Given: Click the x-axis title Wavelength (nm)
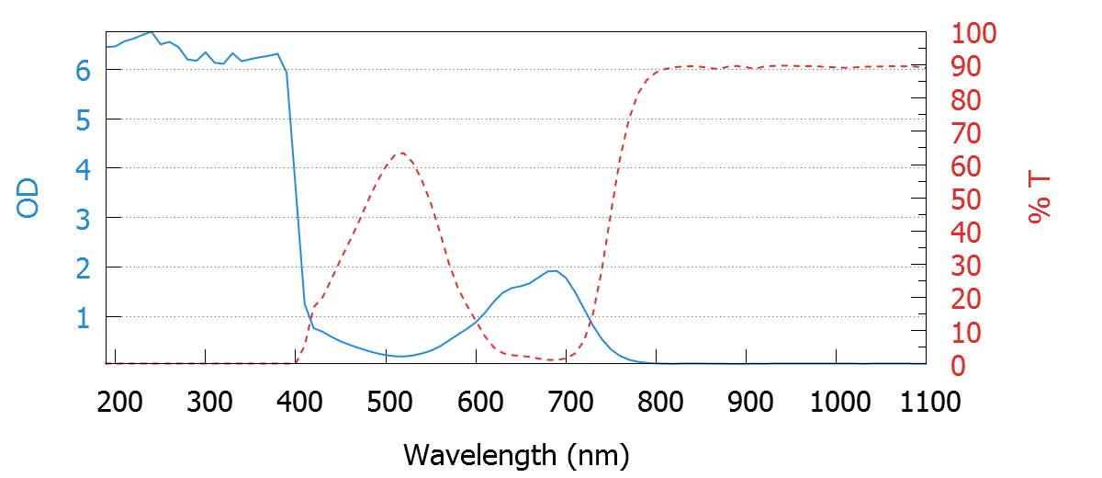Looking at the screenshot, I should pyautogui.click(x=516, y=454).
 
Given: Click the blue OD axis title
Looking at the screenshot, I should pyautogui.click(x=29, y=199).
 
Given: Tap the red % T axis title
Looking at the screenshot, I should pyautogui.click(x=1040, y=199).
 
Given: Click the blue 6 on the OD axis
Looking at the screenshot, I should pyautogui.click(x=84, y=70).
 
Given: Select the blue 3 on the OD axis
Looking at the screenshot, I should pyautogui.click(x=84, y=218).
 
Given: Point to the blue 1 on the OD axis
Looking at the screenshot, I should pyautogui.click(x=84, y=317).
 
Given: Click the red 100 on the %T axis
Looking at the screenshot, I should pyautogui.click(x=974, y=34).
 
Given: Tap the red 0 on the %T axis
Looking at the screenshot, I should pyautogui.click(x=959, y=366).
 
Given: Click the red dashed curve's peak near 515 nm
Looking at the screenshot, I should pyautogui.click(x=401, y=154).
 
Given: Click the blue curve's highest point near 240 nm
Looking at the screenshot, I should pyautogui.click(x=152, y=31).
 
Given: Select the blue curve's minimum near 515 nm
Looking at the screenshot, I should pyautogui.click(x=401, y=356).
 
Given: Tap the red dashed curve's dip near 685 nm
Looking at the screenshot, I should pyautogui.click(x=553, y=359).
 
